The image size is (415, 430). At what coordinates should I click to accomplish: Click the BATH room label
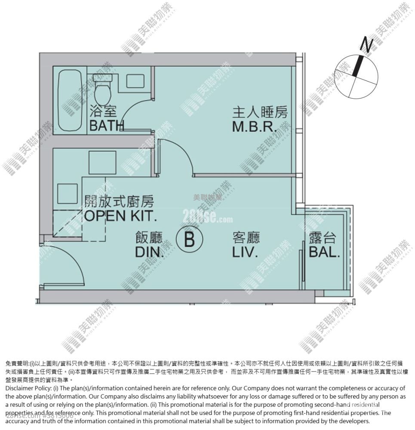107,125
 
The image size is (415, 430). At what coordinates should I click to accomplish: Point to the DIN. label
150,252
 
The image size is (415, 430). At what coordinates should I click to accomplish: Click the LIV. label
245,252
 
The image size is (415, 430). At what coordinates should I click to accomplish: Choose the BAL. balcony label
324,252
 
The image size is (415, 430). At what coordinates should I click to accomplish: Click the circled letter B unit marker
190,239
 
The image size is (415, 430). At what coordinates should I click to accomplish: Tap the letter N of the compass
366,44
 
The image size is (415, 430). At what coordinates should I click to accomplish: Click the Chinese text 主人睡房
259,113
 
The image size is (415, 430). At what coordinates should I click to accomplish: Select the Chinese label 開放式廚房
119,201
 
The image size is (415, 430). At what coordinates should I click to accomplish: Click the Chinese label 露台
322,238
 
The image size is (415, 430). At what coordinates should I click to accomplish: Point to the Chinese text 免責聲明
17,363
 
